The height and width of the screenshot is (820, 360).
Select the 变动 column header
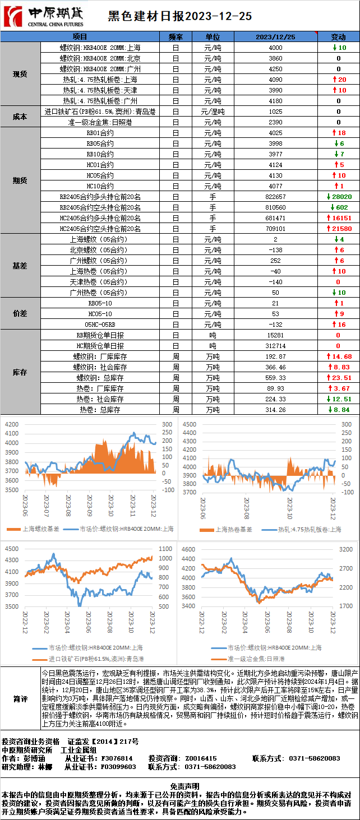pos(338,36)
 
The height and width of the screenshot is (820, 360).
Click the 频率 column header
pos(176,36)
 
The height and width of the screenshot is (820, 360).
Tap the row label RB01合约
pos(100,133)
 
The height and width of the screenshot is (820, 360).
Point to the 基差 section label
pos(20,266)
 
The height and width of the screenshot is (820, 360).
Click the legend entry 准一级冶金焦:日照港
pos(255,659)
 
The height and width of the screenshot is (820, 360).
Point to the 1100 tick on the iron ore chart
pos(166,549)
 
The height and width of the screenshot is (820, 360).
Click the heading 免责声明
pos(179,786)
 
